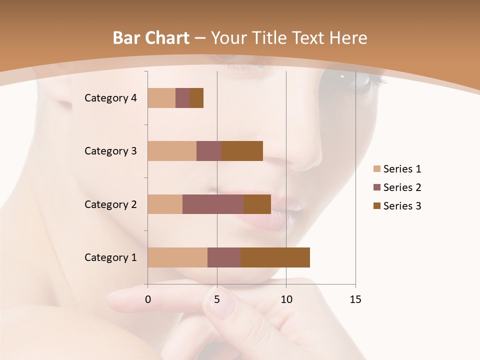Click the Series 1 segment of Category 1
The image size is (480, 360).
177,257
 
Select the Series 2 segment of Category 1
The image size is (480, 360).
224,257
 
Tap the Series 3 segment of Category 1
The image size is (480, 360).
275,257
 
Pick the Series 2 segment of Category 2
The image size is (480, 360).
213,204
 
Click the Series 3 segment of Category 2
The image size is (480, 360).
257,204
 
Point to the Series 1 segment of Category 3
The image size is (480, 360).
172,151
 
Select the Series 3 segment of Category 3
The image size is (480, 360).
242,151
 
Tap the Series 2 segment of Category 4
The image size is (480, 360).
182,98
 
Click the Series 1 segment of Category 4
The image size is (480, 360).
161,98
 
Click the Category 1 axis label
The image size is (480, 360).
110,257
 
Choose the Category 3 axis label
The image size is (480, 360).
110,151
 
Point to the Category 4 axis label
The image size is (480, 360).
110,98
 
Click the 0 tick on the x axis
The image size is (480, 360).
148,299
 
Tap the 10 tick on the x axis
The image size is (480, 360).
286,299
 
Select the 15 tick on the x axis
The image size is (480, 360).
355,299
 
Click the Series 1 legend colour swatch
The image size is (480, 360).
377,169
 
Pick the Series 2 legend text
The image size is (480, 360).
402,187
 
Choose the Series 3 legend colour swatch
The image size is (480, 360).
377,206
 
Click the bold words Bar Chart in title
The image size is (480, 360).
151,38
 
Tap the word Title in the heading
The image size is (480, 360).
270,38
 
